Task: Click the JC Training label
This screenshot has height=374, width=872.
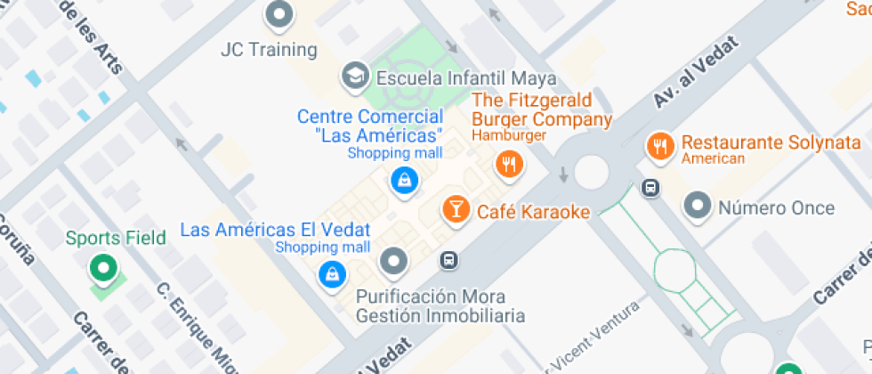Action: (269, 50)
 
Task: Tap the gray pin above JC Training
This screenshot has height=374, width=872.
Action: (280, 14)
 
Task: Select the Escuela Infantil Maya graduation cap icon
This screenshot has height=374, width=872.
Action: (355, 77)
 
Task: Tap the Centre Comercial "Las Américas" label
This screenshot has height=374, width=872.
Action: (370, 126)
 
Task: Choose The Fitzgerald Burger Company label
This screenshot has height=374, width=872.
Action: (541, 110)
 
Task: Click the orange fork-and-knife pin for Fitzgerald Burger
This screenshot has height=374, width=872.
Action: (509, 164)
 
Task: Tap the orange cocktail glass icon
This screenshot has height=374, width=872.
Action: (456, 210)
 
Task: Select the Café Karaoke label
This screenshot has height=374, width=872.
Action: (533, 212)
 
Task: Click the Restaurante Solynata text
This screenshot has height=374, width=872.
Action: (771, 142)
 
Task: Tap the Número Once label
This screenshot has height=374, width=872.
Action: (776, 208)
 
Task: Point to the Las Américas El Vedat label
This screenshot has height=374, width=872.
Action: (274, 230)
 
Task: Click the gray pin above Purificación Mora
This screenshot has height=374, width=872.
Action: (393, 262)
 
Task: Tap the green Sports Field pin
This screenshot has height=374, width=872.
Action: (103, 268)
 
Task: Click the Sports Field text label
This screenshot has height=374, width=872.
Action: (116, 238)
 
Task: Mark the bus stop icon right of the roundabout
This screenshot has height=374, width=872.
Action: (651, 188)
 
